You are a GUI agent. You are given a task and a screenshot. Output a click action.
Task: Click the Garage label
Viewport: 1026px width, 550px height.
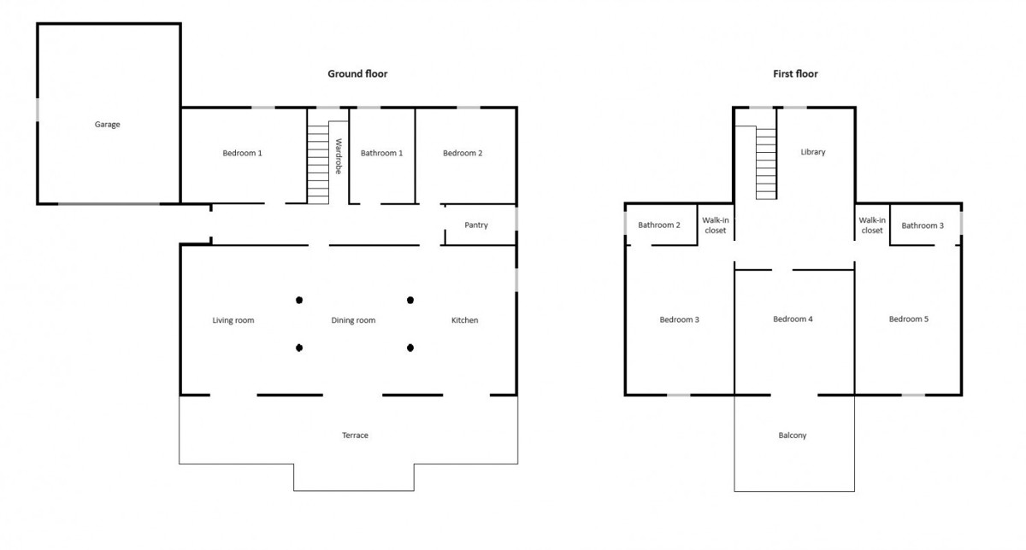107,125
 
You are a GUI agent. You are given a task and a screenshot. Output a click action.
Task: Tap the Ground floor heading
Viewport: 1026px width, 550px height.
357,73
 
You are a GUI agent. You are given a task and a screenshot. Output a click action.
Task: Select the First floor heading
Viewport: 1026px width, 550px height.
795,73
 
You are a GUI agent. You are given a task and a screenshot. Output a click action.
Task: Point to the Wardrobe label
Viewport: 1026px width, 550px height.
339,156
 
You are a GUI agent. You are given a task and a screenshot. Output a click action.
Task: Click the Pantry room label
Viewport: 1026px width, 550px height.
476,225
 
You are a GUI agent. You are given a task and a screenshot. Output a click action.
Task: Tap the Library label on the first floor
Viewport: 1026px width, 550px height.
813,152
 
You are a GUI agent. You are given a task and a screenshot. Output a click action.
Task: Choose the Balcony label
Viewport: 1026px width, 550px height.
793,436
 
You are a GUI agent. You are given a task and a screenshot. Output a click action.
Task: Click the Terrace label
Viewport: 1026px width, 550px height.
355,436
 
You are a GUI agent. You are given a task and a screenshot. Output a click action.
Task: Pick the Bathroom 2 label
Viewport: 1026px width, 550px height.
659,225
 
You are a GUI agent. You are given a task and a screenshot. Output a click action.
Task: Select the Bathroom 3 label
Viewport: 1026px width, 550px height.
923,225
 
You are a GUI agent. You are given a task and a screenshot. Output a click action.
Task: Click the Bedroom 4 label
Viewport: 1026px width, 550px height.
793,319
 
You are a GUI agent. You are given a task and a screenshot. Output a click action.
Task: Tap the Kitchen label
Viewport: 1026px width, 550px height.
464,320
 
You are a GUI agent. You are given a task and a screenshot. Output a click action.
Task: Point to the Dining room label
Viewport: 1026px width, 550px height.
353,320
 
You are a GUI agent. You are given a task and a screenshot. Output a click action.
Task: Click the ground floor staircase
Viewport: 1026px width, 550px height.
318,165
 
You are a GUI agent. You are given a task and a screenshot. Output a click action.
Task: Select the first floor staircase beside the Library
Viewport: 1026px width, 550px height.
766,164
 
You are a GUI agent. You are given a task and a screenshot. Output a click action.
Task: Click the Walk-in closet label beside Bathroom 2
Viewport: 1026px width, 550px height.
716,225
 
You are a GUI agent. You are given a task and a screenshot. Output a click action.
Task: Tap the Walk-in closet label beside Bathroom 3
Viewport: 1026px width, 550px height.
872,225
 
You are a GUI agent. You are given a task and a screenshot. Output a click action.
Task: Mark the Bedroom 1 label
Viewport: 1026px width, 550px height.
242,153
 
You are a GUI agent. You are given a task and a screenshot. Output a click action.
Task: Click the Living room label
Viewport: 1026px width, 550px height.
233,320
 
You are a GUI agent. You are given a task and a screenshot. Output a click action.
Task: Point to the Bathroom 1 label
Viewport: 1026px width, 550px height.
381,153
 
